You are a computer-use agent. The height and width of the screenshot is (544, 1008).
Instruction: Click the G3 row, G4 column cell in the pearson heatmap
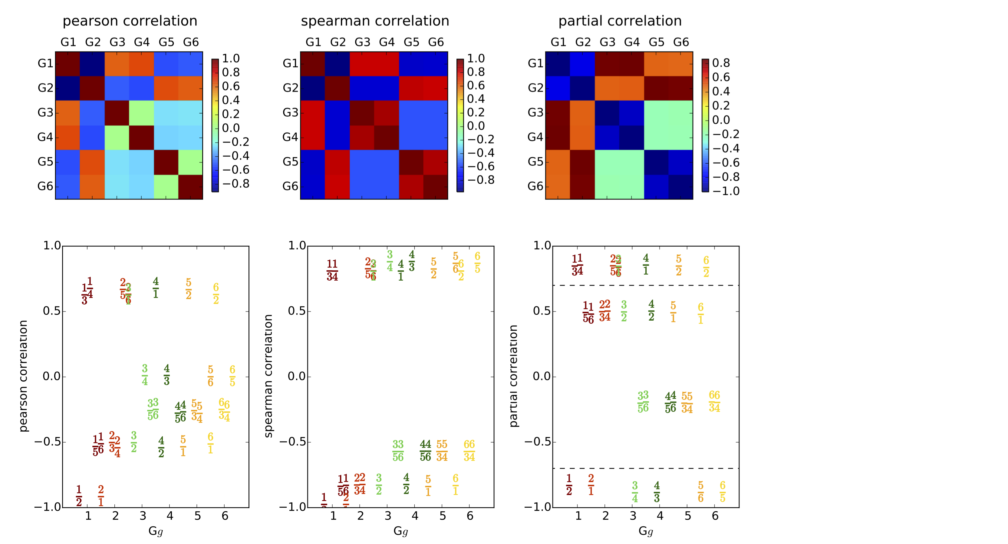141,113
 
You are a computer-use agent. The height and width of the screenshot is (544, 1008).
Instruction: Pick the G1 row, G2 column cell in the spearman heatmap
337,63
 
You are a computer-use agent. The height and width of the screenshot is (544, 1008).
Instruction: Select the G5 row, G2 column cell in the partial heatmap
583,162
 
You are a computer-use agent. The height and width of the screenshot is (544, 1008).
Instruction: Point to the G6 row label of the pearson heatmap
45,186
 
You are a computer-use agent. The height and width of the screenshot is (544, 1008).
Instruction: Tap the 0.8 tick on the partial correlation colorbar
721,63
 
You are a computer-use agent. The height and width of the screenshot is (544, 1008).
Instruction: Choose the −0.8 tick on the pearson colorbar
236,184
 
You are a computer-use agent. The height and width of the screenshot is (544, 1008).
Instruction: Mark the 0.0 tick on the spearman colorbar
476,126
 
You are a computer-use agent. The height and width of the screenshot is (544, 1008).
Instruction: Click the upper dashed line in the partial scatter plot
646,285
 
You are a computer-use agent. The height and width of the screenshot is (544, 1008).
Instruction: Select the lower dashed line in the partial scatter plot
646,469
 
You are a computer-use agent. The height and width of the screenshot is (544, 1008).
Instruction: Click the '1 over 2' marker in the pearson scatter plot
79,496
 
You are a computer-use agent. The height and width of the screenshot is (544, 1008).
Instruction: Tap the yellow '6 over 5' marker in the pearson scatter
232,376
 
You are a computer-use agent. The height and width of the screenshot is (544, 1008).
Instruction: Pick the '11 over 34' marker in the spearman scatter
332,270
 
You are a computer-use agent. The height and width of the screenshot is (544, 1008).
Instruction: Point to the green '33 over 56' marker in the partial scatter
643,402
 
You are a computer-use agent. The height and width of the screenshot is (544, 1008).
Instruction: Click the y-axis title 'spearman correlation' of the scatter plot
268,376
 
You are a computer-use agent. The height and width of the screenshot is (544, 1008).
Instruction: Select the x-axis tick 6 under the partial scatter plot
715,516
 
